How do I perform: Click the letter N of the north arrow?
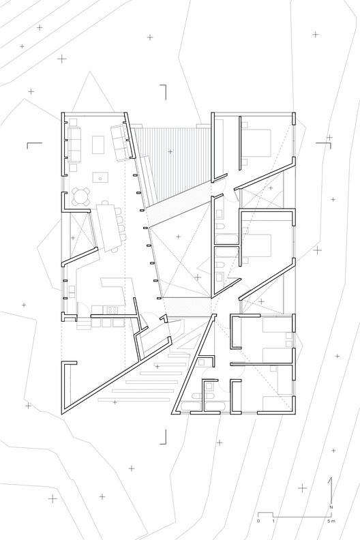[331, 507]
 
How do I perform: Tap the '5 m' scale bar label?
[331, 521]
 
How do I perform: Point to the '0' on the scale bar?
[258, 521]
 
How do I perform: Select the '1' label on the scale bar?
[273, 521]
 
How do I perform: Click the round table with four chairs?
[82, 196]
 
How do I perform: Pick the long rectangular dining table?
[109, 227]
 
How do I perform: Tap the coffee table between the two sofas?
[97, 145]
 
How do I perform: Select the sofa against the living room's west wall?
[74, 145]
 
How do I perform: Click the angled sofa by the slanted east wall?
[121, 142]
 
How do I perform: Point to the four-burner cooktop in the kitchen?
[112, 310]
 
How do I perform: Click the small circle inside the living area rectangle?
[100, 179]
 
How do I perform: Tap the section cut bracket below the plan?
[163, 436]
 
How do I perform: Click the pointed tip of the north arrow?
[332, 478]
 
